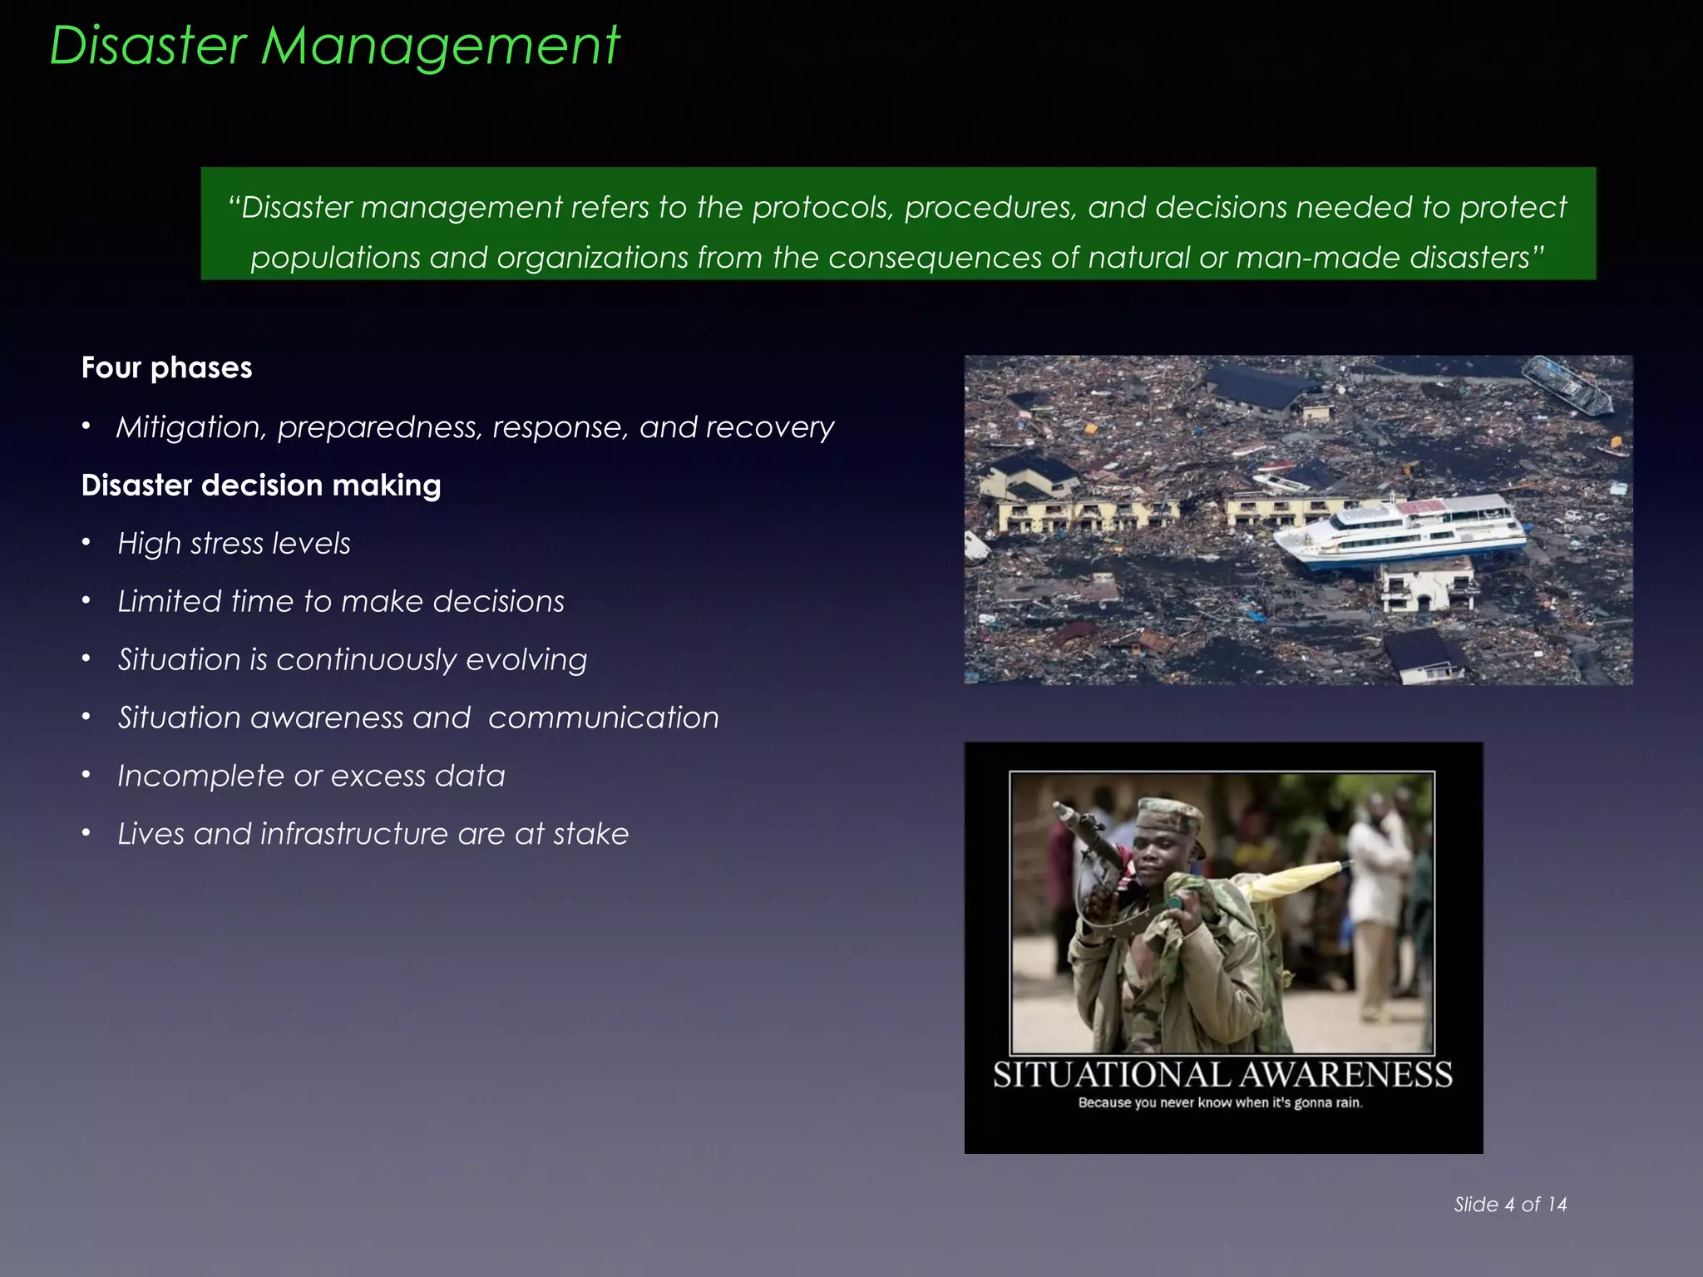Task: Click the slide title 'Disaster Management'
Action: click(334, 45)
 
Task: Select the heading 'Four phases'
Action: click(166, 367)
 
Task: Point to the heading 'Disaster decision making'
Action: click(261, 485)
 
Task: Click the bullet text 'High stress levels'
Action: click(234, 544)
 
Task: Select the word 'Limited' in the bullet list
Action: click(169, 601)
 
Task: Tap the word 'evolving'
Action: click(526, 659)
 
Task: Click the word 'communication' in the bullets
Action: click(603, 717)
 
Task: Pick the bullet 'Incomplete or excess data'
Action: click(311, 776)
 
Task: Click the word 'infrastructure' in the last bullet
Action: click(353, 834)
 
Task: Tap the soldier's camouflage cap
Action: click(1168, 816)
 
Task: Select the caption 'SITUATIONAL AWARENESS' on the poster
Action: click(1222, 1075)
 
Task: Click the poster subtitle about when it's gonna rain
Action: click(1221, 1103)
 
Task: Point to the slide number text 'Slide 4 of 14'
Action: click(1510, 1205)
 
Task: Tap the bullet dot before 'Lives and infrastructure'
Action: click(86, 833)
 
